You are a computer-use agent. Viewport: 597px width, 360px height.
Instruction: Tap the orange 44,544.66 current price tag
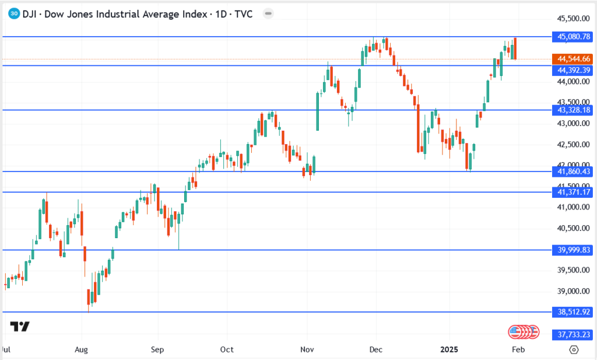click(x=574, y=58)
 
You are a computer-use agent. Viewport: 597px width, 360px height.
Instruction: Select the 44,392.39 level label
click(x=574, y=70)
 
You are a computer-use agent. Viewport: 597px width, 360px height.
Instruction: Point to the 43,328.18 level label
click(x=574, y=110)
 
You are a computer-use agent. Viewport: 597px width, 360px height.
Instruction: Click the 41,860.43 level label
click(x=574, y=172)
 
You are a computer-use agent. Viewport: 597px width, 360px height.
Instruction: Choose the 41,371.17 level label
click(x=574, y=192)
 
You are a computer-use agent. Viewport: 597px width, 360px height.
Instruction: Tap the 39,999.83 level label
click(x=574, y=250)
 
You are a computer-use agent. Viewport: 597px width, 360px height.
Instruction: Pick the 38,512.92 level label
click(x=574, y=312)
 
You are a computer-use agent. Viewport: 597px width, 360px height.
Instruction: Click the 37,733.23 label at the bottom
click(x=574, y=334)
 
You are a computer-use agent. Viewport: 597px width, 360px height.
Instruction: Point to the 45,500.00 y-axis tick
click(x=574, y=19)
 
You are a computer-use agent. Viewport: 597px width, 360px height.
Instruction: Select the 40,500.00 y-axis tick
click(x=574, y=228)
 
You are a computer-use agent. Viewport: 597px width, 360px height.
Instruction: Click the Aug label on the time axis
click(x=82, y=349)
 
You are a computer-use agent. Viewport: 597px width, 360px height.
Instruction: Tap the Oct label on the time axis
click(x=227, y=349)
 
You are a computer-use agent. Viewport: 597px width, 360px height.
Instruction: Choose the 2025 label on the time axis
click(x=449, y=349)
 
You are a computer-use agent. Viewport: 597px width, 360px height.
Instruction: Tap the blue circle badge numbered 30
click(x=15, y=13)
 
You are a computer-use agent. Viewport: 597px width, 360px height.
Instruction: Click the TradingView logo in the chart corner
click(x=20, y=327)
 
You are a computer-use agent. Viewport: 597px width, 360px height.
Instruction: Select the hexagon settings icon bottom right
click(x=574, y=349)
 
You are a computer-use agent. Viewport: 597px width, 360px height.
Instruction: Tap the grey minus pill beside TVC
click(x=267, y=13)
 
